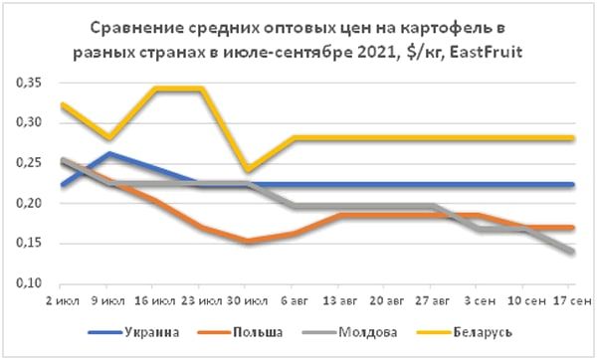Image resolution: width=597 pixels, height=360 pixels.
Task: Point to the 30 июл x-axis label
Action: click(x=249, y=298)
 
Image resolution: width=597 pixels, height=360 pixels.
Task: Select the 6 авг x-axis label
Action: click(x=295, y=298)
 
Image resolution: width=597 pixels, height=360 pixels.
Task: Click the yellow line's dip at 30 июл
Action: click(x=247, y=171)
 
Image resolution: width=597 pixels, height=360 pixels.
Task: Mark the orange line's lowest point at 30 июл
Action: click(x=247, y=241)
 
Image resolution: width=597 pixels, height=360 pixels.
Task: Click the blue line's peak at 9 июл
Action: click(x=106, y=153)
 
